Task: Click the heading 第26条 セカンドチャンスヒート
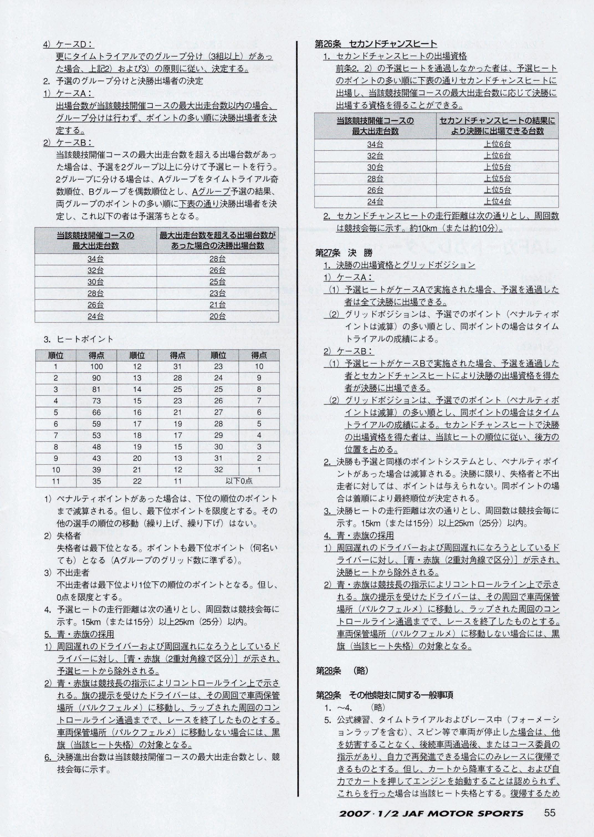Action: point(376,44)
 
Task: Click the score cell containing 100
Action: point(97,367)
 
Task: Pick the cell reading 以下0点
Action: point(239,481)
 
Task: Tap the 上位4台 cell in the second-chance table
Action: point(497,201)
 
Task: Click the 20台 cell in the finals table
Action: point(218,317)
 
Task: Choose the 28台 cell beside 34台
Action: point(218,259)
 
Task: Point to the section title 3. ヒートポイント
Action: point(79,339)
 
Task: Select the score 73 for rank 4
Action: point(97,401)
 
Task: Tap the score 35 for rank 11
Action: point(97,481)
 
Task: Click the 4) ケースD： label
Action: point(68,44)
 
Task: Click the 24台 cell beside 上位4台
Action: point(375,201)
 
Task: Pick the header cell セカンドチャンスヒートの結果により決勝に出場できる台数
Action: point(497,126)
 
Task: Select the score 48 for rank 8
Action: point(97,447)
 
